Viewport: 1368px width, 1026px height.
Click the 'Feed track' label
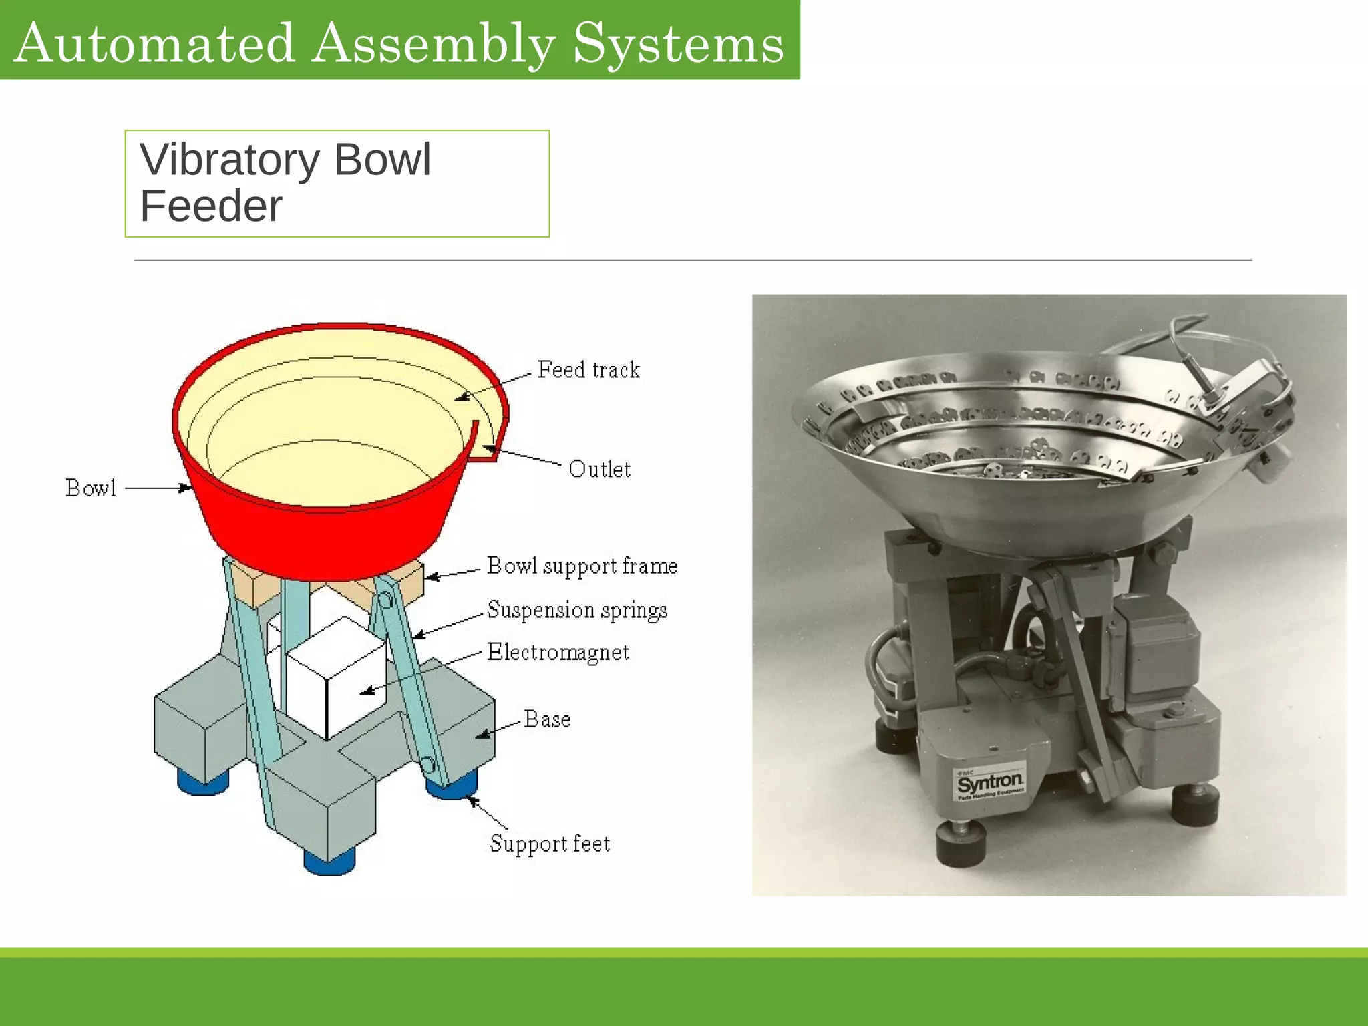point(588,370)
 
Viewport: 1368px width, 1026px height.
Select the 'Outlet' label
point(599,469)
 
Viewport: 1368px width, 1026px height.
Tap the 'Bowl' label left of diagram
point(91,488)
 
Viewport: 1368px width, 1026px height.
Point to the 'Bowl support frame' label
point(582,566)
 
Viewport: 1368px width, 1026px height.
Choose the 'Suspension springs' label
point(577,610)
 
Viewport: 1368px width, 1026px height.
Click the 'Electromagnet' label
point(558,652)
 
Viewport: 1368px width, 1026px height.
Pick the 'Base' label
point(547,719)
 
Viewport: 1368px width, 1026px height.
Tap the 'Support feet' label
point(550,844)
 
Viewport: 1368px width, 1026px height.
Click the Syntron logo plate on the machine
point(989,782)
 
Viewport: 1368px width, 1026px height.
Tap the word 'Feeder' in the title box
point(211,206)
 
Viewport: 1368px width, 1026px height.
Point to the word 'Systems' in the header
point(679,44)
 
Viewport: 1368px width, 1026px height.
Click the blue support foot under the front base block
point(329,861)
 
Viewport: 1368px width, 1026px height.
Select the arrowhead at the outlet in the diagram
point(492,448)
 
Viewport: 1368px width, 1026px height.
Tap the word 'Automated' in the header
point(154,44)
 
